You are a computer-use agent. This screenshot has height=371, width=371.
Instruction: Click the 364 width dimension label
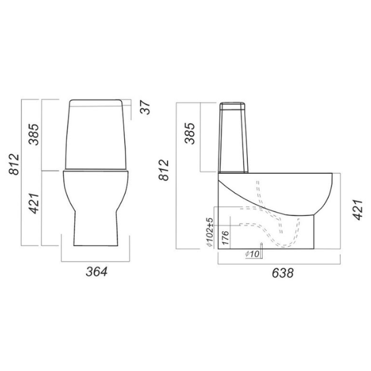pos(96,271)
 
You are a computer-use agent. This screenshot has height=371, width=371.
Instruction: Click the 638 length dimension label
pos(283,273)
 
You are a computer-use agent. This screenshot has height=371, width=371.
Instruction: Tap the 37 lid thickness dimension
pos(145,108)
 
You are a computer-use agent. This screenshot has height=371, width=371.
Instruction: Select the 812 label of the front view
pos(14,164)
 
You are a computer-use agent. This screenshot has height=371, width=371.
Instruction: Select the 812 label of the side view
pos(164,170)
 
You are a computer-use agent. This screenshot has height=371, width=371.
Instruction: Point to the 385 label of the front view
pos(33,134)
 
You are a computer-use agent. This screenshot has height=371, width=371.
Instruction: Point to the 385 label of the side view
pos(190,133)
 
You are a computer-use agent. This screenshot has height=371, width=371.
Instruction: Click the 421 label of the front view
pos(33,203)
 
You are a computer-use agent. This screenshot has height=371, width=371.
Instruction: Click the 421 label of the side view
pos(357,210)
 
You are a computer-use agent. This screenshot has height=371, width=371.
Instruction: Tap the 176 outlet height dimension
pos(225,238)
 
